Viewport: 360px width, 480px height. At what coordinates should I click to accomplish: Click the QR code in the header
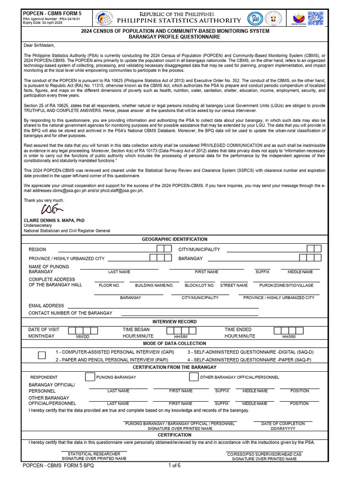click(x=316, y=18)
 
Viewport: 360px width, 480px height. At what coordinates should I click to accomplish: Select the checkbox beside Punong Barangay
click(x=90, y=377)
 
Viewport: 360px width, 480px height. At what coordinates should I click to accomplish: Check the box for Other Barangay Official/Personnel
click(x=194, y=377)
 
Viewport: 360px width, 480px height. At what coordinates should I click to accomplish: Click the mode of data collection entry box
click(x=42, y=355)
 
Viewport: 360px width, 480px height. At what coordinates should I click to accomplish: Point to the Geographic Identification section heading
click(x=174, y=239)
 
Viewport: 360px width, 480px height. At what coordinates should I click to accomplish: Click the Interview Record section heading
click(x=174, y=322)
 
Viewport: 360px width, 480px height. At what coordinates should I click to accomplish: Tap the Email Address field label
click(x=46, y=306)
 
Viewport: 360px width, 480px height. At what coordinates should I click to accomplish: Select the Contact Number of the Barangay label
click(x=70, y=313)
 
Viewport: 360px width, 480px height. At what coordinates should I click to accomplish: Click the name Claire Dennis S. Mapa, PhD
click(x=54, y=220)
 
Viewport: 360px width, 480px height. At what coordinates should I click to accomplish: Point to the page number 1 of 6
click(x=174, y=465)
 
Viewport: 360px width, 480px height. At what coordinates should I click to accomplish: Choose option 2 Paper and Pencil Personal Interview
click(x=112, y=360)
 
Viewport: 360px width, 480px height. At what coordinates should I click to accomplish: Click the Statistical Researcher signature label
click(x=94, y=454)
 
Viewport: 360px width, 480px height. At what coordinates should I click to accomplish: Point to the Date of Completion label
click(x=283, y=423)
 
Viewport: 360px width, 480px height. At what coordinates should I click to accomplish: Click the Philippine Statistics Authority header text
click(x=179, y=21)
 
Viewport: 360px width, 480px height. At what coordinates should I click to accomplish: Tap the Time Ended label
click(x=238, y=330)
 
